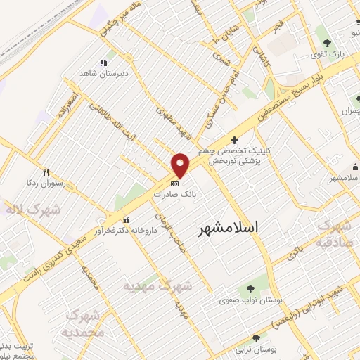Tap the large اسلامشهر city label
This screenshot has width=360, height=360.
pyautogui.click(x=225, y=226)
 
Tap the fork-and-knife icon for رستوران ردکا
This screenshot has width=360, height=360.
pyautogui.click(x=46, y=172)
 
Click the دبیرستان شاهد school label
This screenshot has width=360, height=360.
pyautogui.click(x=106, y=73)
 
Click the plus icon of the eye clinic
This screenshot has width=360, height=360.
pyautogui.click(x=234, y=140)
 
